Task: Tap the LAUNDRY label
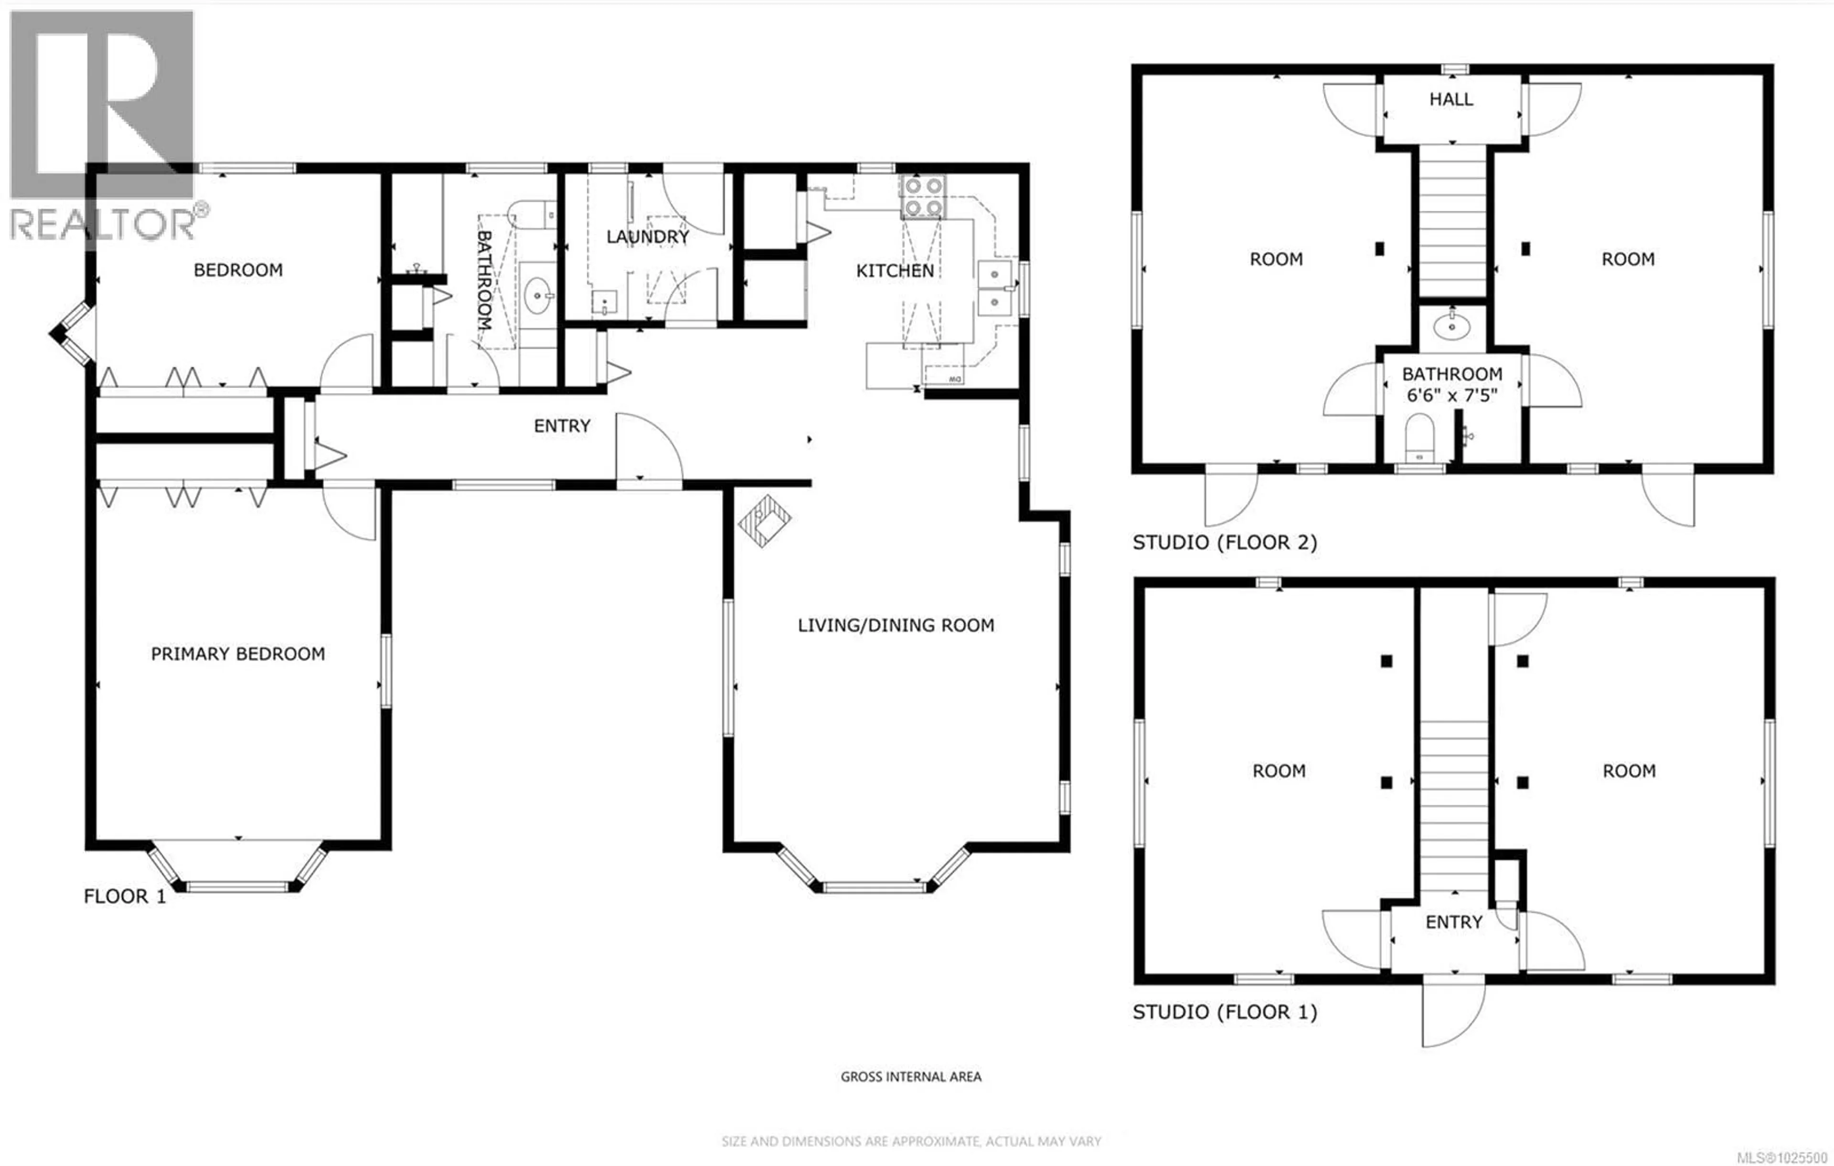[647, 237]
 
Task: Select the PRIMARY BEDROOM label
[238, 653]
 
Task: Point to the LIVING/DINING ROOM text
[896, 625]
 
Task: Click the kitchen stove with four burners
[922, 196]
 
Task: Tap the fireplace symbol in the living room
[764, 521]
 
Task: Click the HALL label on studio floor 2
[1451, 99]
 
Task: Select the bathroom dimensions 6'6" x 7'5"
[1451, 395]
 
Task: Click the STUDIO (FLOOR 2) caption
[1224, 542]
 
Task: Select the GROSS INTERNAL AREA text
[910, 1076]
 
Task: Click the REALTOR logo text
[103, 224]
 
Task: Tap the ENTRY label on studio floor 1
[1453, 922]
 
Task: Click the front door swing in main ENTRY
[647, 449]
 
